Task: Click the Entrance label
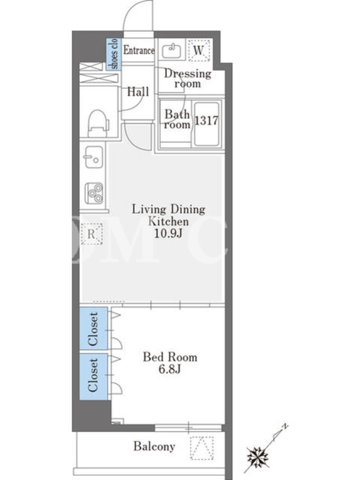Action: [139, 50]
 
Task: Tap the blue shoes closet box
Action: [113, 54]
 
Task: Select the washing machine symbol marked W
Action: [199, 50]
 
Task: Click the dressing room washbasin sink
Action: [172, 51]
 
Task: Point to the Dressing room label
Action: [188, 79]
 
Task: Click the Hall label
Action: [138, 92]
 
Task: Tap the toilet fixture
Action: [98, 124]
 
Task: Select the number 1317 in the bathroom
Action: [206, 121]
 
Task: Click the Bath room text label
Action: [177, 119]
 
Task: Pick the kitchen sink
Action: [94, 157]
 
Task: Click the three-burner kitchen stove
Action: [94, 193]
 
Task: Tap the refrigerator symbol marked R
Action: [91, 234]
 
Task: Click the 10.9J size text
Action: [168, 233]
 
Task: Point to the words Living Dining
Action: [169, 209]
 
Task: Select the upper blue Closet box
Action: [94, 328]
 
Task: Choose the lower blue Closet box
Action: [94, 376]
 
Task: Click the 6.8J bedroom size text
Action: [170, 369]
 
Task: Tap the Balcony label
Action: [154, 446]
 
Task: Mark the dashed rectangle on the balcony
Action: [202, 448]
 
